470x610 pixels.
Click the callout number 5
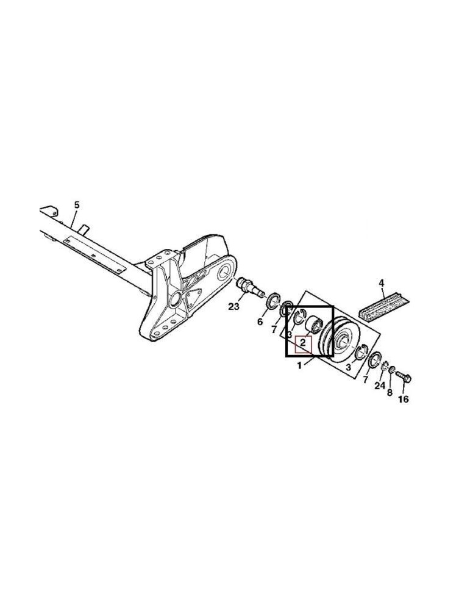[77, 204]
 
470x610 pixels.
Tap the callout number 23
[234, 306]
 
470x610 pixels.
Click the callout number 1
[299, 366]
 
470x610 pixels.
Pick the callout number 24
[379, 386]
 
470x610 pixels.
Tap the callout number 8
[390, 392]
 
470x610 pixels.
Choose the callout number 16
[403, 400]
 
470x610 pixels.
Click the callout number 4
[381, 283]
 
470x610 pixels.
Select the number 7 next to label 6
[274, 329]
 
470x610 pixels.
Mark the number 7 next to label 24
[365, 380]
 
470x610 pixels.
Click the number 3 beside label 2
[289, 335]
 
